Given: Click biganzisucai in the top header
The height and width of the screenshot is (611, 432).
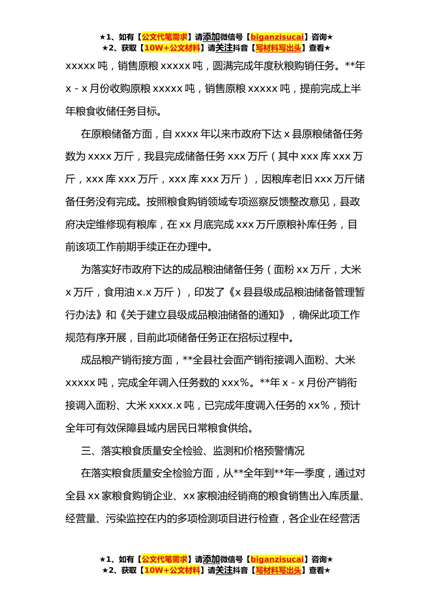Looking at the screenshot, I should pos(277,37).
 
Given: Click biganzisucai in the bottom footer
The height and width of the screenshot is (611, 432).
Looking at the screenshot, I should pos(277,559).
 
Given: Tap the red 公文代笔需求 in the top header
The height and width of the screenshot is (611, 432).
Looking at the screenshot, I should pos(165,37).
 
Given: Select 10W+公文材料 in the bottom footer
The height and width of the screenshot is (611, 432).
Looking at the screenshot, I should pos(172,570).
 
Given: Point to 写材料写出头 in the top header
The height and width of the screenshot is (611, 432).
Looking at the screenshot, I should pos(278,48).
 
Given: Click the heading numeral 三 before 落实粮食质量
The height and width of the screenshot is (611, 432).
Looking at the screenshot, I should pos(86,451).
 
